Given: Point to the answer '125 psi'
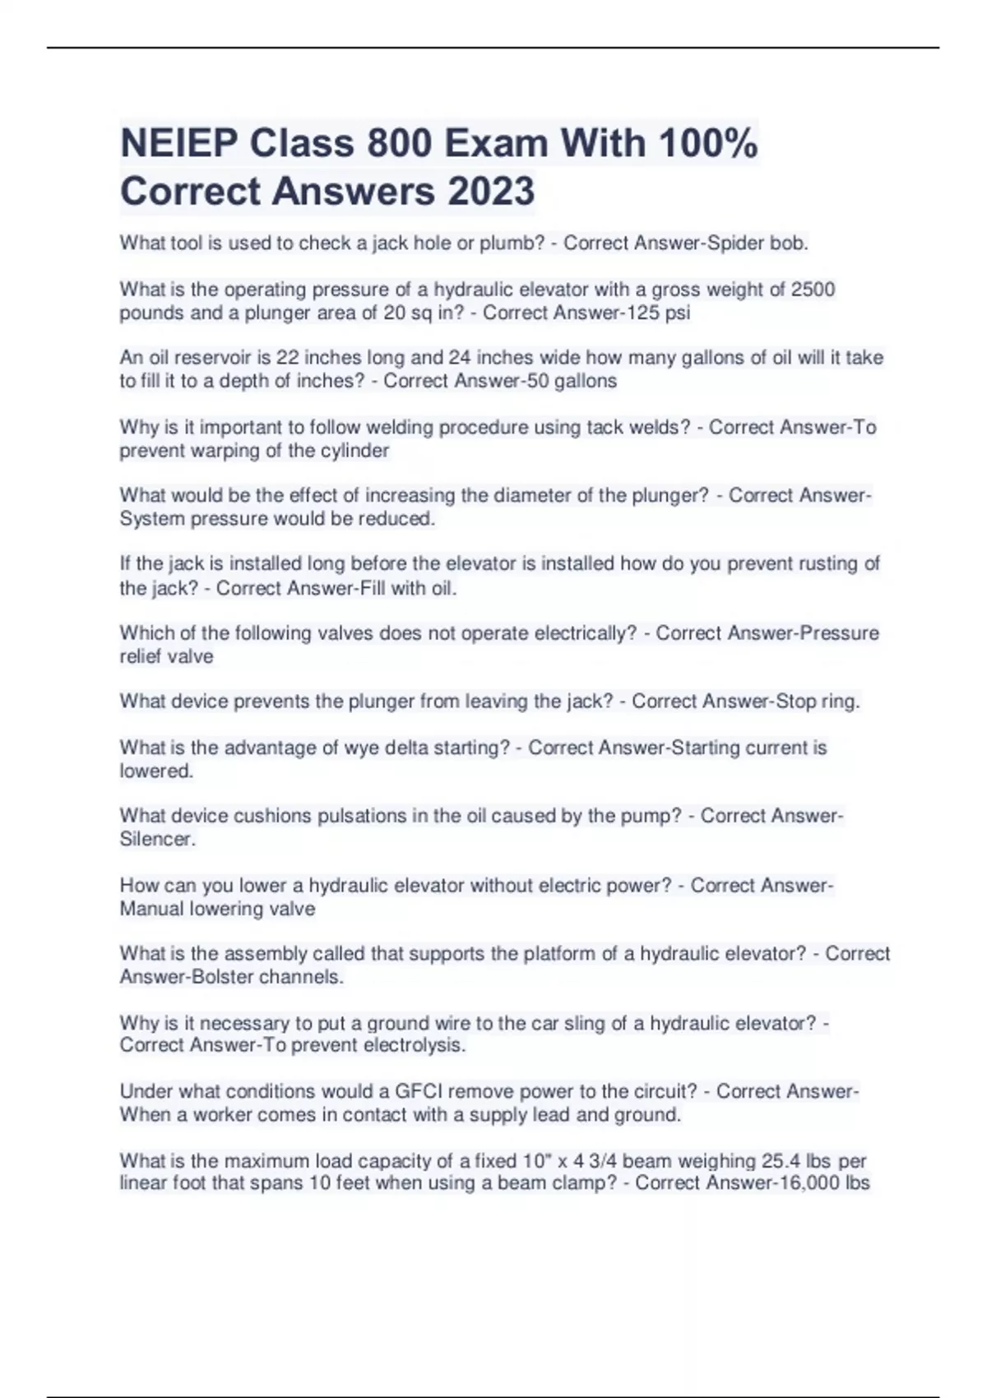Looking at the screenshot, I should (658, 313).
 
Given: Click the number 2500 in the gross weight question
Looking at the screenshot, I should (813, 289).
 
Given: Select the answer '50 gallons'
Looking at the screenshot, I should (575, 381).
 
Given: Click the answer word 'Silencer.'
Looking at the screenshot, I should (158, 840).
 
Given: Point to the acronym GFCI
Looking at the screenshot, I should (419, 1091).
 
